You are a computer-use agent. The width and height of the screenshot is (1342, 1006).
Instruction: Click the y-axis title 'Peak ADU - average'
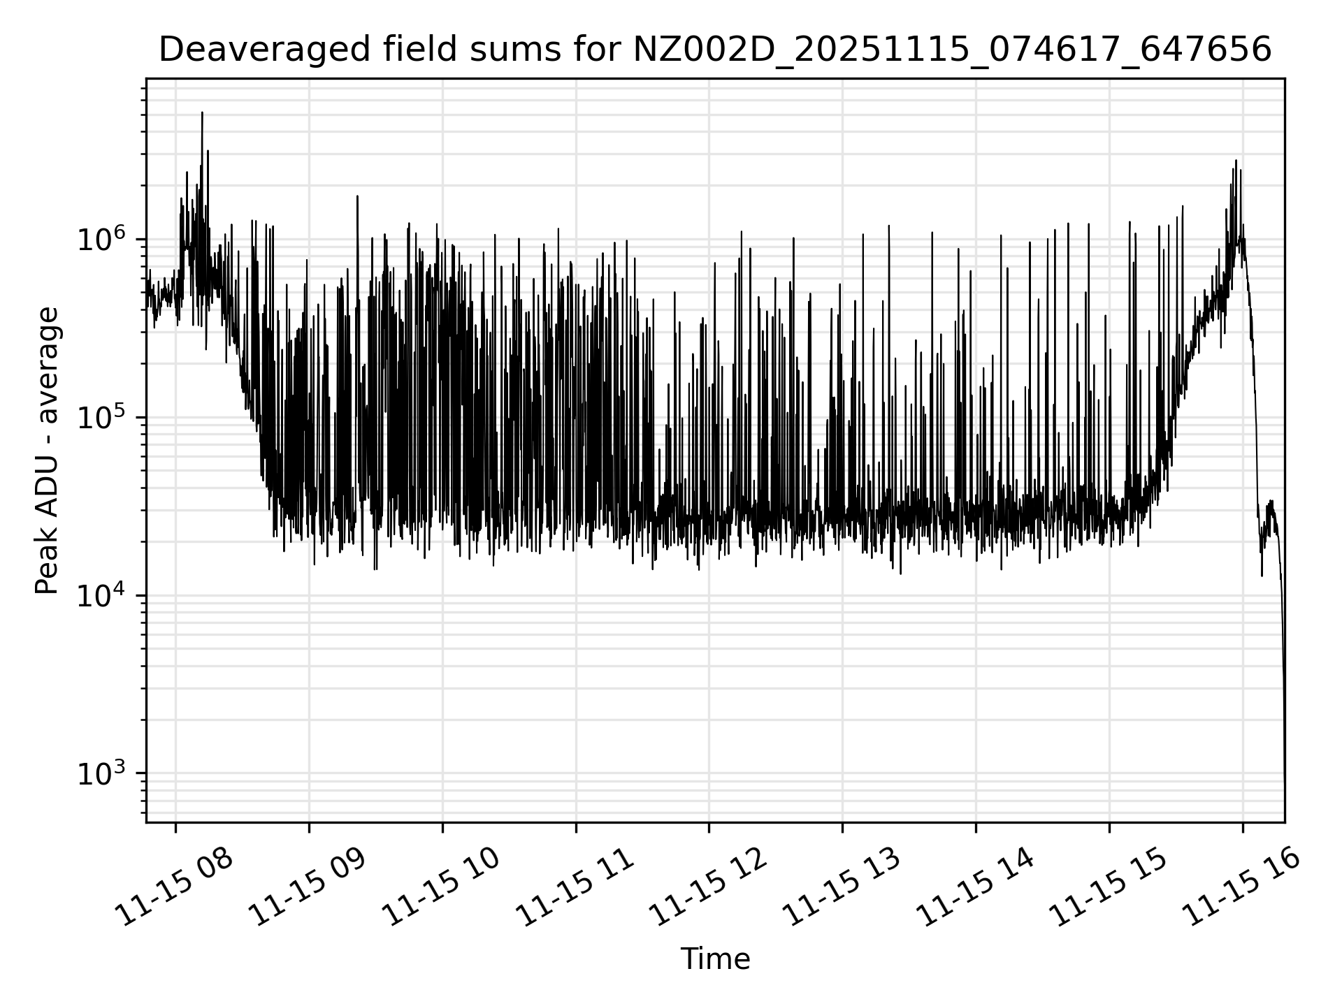click(x=48, y=451)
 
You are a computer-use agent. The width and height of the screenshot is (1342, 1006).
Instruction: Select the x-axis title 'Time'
click(x=715, y=959)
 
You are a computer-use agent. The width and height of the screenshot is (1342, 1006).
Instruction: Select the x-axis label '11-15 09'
click(x=308, y=887)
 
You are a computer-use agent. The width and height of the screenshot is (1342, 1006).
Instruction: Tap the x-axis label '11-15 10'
click(x=442, y=887)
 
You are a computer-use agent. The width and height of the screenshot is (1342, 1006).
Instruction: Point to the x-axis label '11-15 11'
click(x=575, y=887)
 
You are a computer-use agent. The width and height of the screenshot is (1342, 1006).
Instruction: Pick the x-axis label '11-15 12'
click(x=709, y=887)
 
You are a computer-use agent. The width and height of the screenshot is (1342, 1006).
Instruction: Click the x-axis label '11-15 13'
click(x=842, y=887)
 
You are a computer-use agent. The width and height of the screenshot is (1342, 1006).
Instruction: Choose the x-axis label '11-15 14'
click(x=975, y=887)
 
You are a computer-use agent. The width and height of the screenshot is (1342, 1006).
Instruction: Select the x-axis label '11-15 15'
click(x=1109, y=887)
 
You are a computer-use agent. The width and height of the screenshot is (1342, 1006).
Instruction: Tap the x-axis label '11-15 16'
click(x=1242, y=887)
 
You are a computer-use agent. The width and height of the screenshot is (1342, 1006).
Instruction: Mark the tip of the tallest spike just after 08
click(x=202, y=112)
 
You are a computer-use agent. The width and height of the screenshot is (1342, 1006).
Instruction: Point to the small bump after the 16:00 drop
click(x=1269, y=503)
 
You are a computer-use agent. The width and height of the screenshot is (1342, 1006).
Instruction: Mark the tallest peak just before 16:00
click(x=1236, y=161)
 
